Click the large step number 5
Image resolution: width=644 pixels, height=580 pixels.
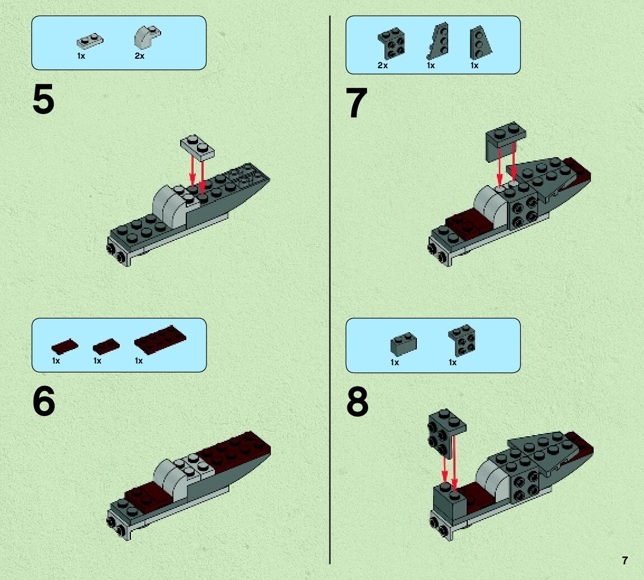[43, 100]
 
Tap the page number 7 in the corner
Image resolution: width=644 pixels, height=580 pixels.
[624, 560]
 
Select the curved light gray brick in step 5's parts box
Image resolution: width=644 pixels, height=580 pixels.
[147, 37]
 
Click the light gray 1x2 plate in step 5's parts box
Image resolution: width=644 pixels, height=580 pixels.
[90, 41]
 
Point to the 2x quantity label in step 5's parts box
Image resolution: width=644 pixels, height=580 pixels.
[140, 56]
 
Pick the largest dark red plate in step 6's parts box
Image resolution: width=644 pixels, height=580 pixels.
[160, 339]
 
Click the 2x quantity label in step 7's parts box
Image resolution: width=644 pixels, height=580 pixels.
[382, 65]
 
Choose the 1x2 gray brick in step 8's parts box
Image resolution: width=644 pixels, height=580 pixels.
[403, 343]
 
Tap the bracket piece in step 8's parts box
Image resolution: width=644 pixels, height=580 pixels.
[462, 340]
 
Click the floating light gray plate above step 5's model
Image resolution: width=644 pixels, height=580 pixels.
[197, 147]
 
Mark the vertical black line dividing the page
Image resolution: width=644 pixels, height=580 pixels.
[330, 290]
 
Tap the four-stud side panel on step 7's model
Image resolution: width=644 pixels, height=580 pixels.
[523, 209]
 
